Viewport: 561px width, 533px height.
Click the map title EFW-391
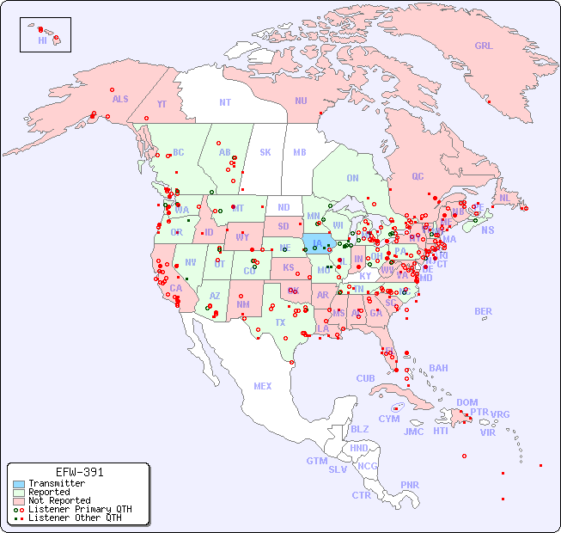tap(79, 472)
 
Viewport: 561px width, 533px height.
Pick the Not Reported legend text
tap(59, 500)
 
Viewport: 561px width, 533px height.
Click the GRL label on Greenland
tap(484, 46)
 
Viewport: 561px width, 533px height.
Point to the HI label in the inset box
tap(42, 40)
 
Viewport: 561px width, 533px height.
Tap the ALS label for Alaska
tap(120, 99)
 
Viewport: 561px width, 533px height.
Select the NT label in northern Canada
tap(224, 102)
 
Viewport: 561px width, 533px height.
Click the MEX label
tap(263, 386)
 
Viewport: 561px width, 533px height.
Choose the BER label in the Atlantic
tap(484, 311)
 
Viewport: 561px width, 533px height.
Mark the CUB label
tap(366, 378)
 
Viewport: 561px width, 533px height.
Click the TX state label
tap(280, 322)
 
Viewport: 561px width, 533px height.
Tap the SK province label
tap(265, 152)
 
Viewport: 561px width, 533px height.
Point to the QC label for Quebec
tap(418, 176)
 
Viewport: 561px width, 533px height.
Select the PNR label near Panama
tap(410, 485)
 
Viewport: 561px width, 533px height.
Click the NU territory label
tap(301, 101)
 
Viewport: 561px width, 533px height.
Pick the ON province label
tap(352, 178)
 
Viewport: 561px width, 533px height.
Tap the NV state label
tap(190, 262)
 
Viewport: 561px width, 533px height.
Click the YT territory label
tap(162, 104)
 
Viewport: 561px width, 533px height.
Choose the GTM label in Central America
tap(316, 461)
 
